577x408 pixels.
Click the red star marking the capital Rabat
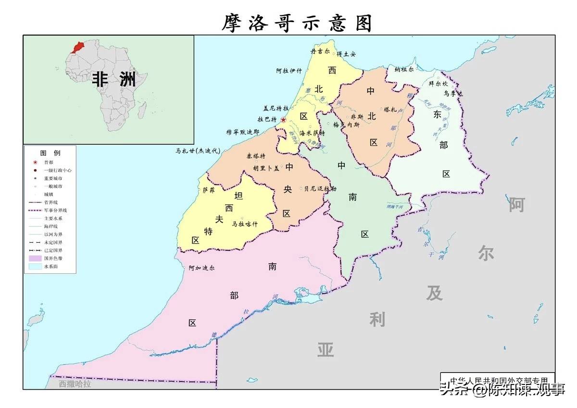point(284,120)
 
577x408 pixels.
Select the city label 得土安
point(346,54)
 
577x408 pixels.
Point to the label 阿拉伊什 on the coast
point(289,71)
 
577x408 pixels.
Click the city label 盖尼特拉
point(276,108)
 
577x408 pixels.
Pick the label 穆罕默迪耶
point(243,132)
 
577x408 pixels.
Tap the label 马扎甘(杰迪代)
point(197,150)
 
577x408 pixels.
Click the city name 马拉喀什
point(245,224)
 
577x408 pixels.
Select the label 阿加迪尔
point(201,268)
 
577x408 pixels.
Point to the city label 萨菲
point(208,190)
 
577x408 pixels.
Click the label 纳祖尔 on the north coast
point(404,69)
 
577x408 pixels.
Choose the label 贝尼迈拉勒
point(320,189)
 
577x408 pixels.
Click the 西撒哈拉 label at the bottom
point(75,384)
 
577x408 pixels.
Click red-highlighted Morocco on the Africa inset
point(77,47)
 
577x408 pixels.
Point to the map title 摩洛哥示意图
point(297,23)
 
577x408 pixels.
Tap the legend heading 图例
point(50,153)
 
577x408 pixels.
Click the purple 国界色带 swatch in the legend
point(35,259)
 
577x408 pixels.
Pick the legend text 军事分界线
point(55,210)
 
